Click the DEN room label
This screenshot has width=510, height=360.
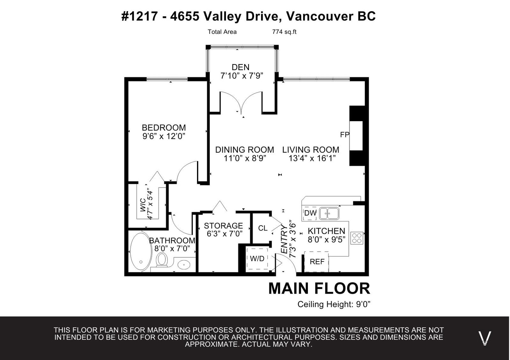click(x=240, y=67)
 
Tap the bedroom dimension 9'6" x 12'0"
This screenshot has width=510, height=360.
click(x=164, y=136)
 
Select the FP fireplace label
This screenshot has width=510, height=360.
click(x=345, y=135)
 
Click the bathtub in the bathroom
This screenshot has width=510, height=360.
click(x=141, y=252)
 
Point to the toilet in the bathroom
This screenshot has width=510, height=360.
click(x=162, y=260)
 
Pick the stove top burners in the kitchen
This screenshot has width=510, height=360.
click(x=357, y=238)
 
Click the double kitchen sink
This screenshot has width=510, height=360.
click(x=329, y=213)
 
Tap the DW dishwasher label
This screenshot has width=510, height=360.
click(x=310, y=213)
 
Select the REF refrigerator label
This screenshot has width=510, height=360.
click(x=317, y=262)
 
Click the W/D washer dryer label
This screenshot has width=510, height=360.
click(x=257, y=259)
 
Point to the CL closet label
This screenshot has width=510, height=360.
click(x=263, y=228)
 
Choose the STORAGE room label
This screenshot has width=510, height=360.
click(x=223, y=226)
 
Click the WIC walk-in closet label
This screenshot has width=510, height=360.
click(x=143, y=205)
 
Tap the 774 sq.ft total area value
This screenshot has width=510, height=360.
click(x=284, y=32)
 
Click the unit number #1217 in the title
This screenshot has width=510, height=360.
click(x=139, y=16)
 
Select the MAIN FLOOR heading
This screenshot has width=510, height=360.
click(x=319, y=289)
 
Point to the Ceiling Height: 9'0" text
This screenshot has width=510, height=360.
click(x=334, y=304)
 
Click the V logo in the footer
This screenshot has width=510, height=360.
click(x=484, y=338)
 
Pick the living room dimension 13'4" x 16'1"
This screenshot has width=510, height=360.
click(x=312, y=158)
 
